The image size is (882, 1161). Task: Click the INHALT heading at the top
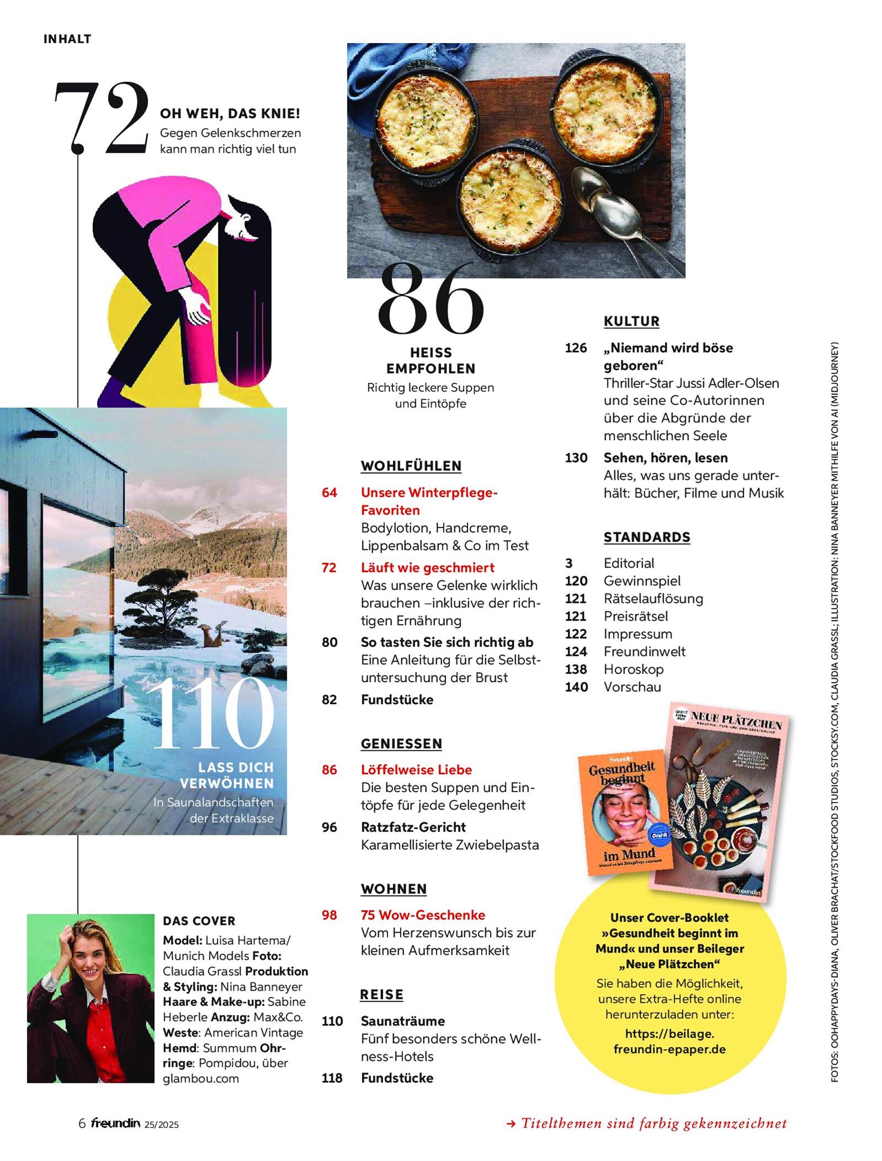click(x=67, y=39)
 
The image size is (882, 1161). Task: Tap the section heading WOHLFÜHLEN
click(x=411, y=466)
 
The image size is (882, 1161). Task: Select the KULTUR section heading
click(x=631, y=321)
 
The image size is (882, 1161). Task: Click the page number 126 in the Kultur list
click(x=576, y=348)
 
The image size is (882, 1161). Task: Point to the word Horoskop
click(x=633, y=669)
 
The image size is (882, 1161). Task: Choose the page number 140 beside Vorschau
click(x=576, y=687)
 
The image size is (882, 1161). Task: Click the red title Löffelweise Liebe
click(x=416, y=769)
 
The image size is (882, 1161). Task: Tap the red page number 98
click(x=329, y=915)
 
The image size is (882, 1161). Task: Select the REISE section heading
click(x=381, y=994)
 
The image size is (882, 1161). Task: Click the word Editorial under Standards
click(x=628, y=563)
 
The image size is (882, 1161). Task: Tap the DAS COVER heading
click(x=198, y=921)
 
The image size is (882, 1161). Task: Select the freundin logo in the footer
click(x=116, y=1123)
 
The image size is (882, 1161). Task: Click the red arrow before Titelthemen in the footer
click(x=510, y=1123)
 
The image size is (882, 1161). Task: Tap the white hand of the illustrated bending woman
click(x=196, y=309)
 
